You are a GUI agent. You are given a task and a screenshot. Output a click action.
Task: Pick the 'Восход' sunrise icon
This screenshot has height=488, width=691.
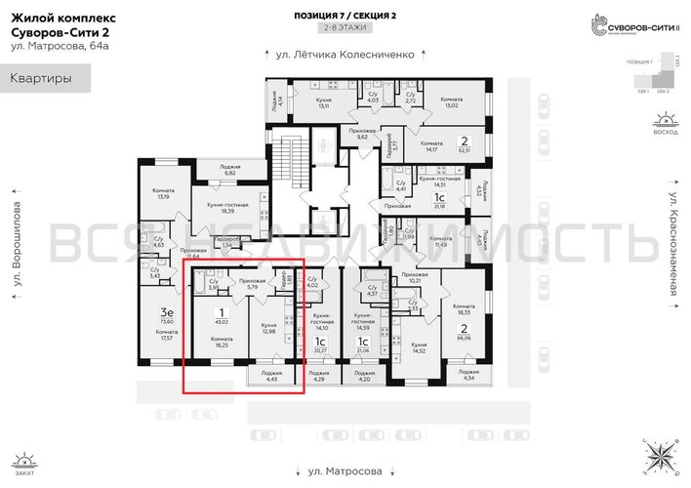667,124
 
